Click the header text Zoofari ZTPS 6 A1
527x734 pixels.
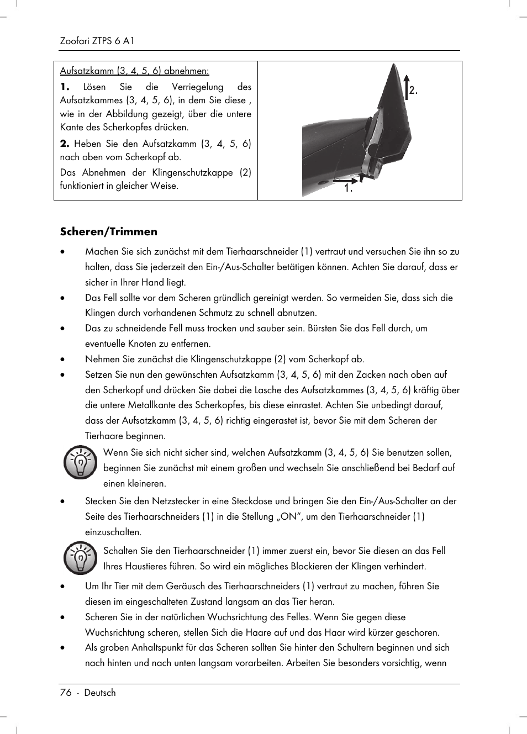(x=97, y=41)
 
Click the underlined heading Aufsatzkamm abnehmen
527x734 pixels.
(x=134, y=71)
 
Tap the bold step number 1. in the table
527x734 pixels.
(x=65, y=87)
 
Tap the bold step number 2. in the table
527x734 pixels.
(x=65, y=144)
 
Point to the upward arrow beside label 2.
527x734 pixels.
(x=406, y=86)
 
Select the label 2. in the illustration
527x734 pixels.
(x=414, y=91)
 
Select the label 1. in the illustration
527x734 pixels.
(x=348, y=189)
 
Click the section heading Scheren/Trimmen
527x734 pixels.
(x=109, y=231)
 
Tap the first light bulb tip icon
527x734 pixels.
(x=81, y=462)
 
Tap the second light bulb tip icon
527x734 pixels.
(x=81, y=558)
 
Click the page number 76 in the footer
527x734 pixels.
(x=66, y=693)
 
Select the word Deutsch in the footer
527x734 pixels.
(x=100, y=693)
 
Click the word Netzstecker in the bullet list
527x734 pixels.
(x=175, y=501)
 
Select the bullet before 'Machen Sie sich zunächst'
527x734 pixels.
(x=63, y=252)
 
